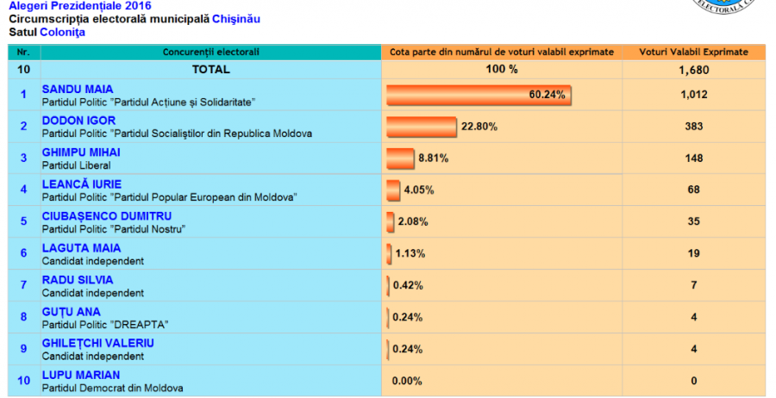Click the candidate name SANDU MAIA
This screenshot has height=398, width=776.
[x=78, y=89]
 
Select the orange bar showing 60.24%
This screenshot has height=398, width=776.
[x=479, y=95]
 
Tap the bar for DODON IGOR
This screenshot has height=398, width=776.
[x=421, y=127]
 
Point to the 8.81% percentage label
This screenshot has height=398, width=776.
[x=434, y=159]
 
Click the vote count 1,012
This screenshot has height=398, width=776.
[x=694, y=95]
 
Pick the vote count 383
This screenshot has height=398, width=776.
[x=694, y=126]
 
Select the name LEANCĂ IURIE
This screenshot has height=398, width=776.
[x=82, y=184]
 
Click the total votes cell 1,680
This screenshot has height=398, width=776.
[x=694, y=70]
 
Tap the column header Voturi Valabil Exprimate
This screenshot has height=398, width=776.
[x=693, y=52]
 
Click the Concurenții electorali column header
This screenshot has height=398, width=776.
[x=211, y=52]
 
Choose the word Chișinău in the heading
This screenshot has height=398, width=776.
[x=236, y=19]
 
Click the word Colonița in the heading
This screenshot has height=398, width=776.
[x=62, y=32]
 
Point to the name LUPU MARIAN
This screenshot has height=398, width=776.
[x=81, y=375]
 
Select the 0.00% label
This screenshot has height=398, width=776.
[x=407, y=381]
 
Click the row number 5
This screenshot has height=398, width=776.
[x=24, y=221]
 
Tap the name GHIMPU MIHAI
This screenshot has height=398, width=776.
[x=81, y=152]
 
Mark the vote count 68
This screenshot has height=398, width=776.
[x=694, y=190]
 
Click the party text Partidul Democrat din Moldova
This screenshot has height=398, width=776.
[x=113, y=389]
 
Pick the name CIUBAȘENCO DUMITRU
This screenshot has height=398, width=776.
[x=107, y=216]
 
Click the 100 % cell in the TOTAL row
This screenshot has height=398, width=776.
[x=502, y=69]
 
